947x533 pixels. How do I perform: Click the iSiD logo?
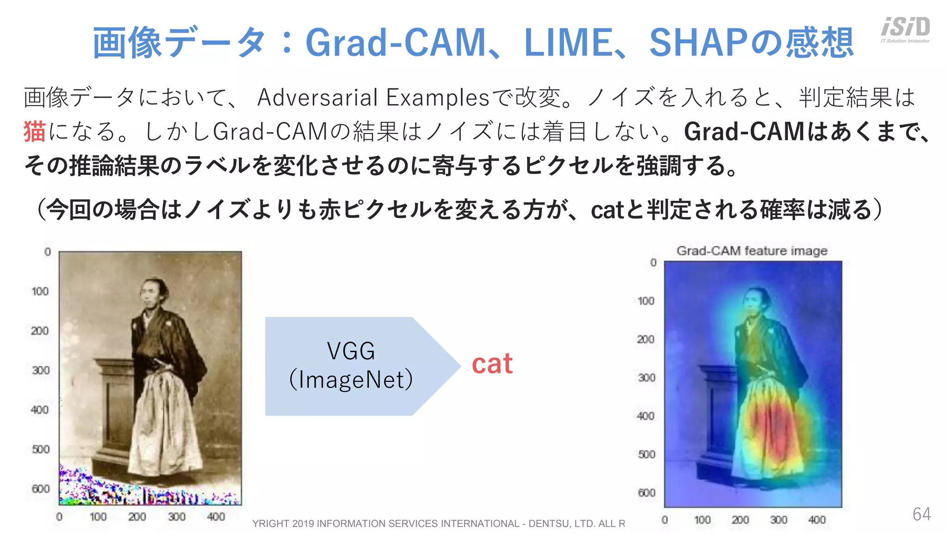pyautogui.click(x=905, y=29)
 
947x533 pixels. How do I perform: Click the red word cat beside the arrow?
pyautogui.click(x=492, y=364)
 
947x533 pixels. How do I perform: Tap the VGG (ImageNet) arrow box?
pyautogui.click(x=351, y=366)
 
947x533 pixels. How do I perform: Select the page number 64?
pyautogui.click(x=922, y=514)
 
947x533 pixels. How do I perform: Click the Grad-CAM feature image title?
pyautogui.click(x=752, y=251)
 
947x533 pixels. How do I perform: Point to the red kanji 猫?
pyautogui.click(x=35, y=131)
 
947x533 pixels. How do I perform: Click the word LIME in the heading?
pyautogui.click(x=569, y=43)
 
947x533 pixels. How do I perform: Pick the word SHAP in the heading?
pyautogui.click(x=698, y=43)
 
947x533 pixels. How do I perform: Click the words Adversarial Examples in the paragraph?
pyautogui.click(x=373, y=98)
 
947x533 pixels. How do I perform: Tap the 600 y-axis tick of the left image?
pyautogui.click(x=41, y=489)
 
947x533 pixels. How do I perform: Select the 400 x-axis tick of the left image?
pyautogui.click(x=216, y=517)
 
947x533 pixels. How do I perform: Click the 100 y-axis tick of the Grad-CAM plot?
pyautogui.click(x=646, y=301)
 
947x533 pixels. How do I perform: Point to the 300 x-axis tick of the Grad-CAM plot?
pyautogui.click(x=779, y=520)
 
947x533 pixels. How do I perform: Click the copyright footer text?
pyautogui.click(x=438, y=523)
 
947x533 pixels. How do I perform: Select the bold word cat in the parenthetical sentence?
pyautogui.click(x=607, y=210)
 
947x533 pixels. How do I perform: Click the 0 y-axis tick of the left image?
pyautogui.click(x=47, y=252)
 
